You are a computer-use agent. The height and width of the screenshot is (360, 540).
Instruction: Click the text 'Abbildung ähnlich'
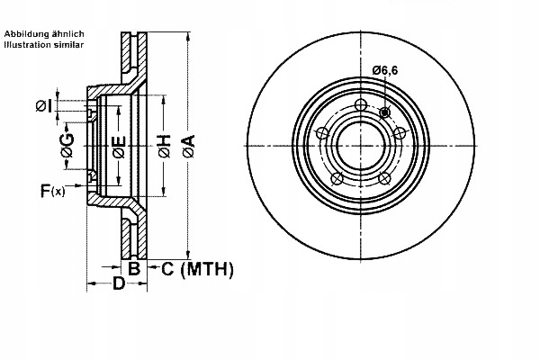[x=44, y=33]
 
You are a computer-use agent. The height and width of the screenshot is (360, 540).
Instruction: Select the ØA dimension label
[x=188, y=144]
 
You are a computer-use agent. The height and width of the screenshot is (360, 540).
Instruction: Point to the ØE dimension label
[x=118, y=146]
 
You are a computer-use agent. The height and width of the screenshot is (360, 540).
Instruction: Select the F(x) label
[x=52, y=191]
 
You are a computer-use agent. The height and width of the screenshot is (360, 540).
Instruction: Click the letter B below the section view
[x=133, y=268]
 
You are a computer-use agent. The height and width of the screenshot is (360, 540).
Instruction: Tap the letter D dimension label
[x=118, y=284]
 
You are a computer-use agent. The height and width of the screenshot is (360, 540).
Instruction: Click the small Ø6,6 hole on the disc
[x=385, y=112]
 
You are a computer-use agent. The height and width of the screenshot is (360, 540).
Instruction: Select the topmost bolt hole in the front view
[x=361, y=106]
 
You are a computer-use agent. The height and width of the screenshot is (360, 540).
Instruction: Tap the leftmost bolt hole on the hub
[x=321, y=133]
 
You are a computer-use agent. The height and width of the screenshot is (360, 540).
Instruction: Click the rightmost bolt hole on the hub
[x=400, y=133]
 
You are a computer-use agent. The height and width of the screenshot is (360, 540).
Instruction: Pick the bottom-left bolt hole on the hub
[x=337, y=178]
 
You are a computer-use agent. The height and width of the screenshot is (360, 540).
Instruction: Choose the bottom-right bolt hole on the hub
[x=385, y=178]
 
